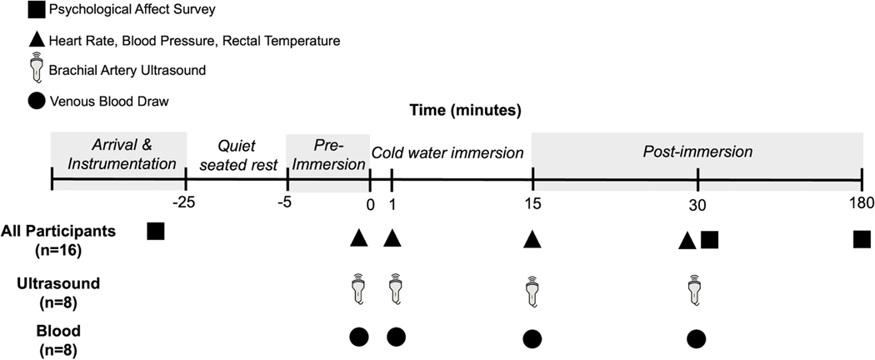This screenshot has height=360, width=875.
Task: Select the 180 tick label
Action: click(x=861, y=200)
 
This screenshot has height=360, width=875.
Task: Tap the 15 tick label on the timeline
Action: click(x=532, y=200)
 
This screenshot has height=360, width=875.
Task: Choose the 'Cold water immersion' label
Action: click(x=447, y=152)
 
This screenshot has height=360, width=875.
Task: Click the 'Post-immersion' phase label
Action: click(x=697, y=152)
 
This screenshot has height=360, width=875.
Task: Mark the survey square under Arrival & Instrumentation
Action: click(x=154, y=231)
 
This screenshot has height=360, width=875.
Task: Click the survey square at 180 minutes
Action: click(x=862, y=239)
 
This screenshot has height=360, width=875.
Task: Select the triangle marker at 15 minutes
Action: click(x=532, y=239)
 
